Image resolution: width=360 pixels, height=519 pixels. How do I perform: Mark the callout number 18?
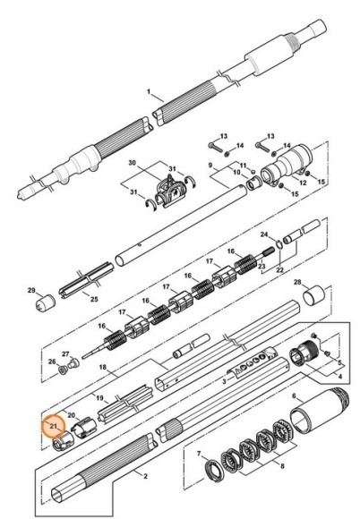point(103,367)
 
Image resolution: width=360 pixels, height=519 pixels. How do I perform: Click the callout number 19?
point(99,396)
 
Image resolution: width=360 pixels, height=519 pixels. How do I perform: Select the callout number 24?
point(263,234)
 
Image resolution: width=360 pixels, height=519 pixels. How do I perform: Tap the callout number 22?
point(280,269)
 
